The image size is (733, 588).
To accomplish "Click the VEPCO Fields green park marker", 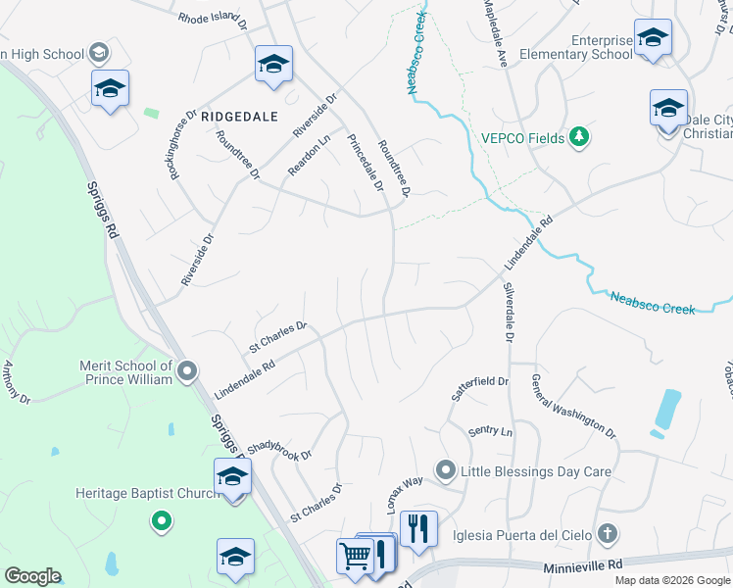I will [x=580, y=137].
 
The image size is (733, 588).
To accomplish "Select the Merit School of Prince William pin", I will [x=188, y=371].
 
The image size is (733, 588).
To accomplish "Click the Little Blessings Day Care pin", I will [x=446, y=471].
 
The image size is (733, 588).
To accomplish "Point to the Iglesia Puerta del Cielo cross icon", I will [x=608, y=534].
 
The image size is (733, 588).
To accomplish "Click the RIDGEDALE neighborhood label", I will [x=241, y=116].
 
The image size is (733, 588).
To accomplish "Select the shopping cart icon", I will [x=354, y=555].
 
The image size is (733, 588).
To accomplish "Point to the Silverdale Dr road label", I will [x=509, y=314].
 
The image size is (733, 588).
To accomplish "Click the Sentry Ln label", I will [x=490, y=431].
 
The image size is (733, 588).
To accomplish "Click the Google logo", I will [x=32, y=576].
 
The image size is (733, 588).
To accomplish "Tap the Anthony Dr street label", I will [x=17, y=382].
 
